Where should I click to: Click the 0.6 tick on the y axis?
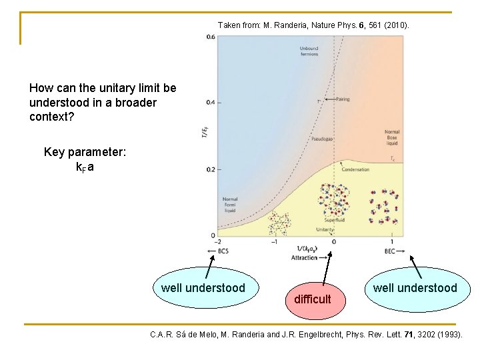click(x=211, y=37)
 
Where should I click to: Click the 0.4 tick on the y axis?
click(x=211, y=103)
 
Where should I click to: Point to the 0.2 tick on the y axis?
click(x=211, y=169)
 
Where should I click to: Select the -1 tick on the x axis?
click(x=274, y=242)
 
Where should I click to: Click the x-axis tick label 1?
click(x=392, y=242)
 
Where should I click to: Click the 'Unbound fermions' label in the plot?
click(x=309, y=51)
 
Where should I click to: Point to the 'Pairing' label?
click(x=341, y=99)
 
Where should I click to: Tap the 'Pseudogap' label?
click(x=322, y=139)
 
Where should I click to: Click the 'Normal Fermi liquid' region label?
click(x=230, y=205)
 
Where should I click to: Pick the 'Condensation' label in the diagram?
click(x=355, y=169)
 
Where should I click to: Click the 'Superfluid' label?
click(x=334, y=219)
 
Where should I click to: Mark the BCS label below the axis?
click(x=223, y=251)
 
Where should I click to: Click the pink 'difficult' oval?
click(x=312, y=299)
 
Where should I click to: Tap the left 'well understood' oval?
click(x=203, y=288)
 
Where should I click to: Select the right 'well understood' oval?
click(x=415, y=288)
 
